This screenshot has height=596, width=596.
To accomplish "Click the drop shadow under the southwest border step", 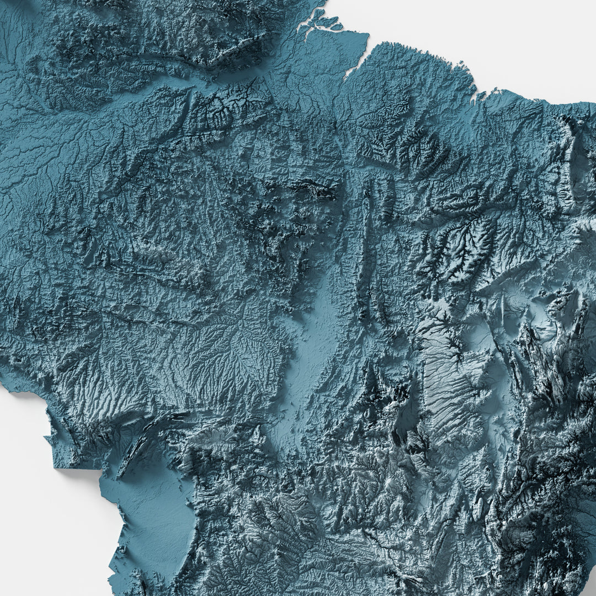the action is click(77, 472).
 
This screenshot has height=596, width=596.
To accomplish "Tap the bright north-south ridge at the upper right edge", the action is click(568, 160).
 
